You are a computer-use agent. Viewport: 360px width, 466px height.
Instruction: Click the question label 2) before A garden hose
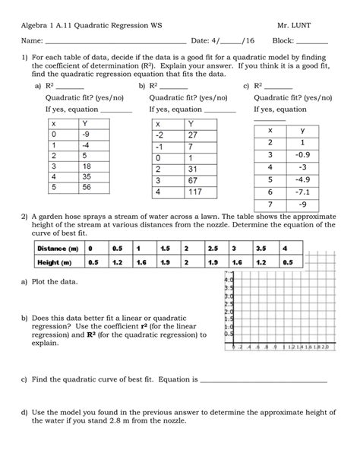(x=24, y=215)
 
